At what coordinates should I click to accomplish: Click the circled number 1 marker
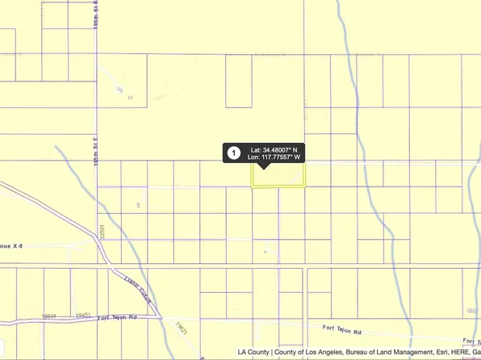pyautogui.click(x=233, y=153)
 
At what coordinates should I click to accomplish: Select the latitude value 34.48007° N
pyautogui.click(x=279, y=149)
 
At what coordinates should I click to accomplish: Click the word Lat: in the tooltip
pyautogui.click(x=256, y=149)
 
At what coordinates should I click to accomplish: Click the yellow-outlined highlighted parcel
pyautogui.click(x=279, y=176)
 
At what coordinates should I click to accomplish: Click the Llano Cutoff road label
pyautogui.click(x=128, y=287)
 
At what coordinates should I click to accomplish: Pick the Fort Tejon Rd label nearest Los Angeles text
pyautogui.click(x=342, y=330)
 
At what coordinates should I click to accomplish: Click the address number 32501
pyautogui.click(x=102, y=235)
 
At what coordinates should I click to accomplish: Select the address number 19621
pyautogui.click(x=180, y=328)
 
